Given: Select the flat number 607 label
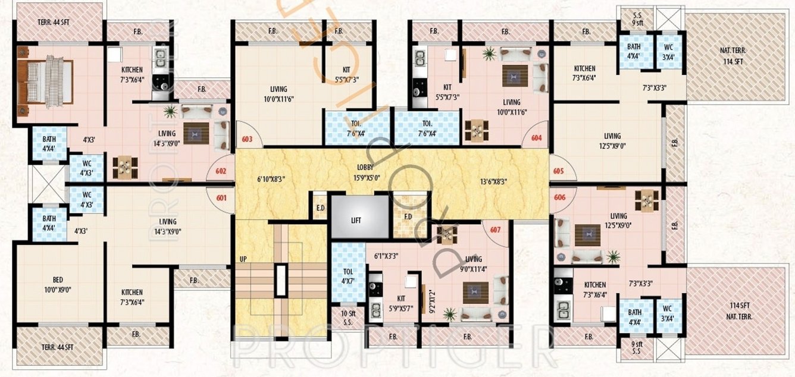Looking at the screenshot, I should coord(495,231).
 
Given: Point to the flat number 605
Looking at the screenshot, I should coord(558,171).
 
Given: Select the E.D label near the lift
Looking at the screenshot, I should coord(320,208).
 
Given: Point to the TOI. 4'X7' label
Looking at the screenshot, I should coord(348,276).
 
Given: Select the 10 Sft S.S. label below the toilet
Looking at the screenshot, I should coord(348,318).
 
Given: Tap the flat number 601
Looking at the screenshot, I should coord(221,198).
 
